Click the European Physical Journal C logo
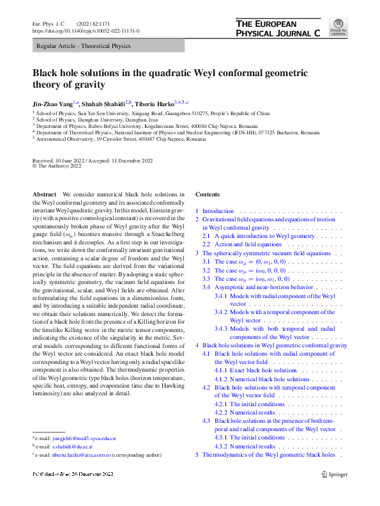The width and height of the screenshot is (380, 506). point(278,28)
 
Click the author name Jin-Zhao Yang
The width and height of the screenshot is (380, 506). point(52,102)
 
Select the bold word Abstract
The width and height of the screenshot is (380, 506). point(44,194)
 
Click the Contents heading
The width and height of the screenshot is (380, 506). point(208,194)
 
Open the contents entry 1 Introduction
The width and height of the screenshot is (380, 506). point(218,211)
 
